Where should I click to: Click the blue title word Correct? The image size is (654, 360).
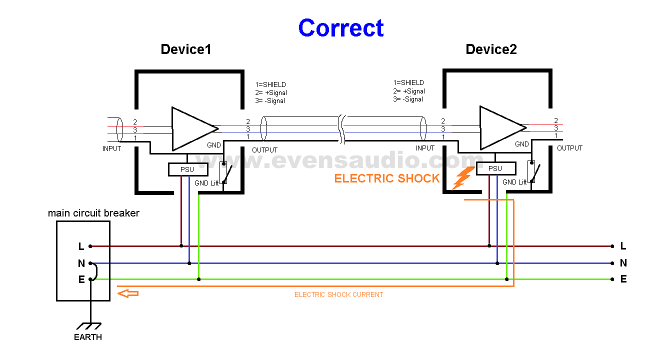pyautogui.click(x=341, y=28)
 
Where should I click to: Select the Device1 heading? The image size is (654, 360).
pyautogui.click(x=186, y=49)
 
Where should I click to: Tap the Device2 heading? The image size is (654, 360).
pyautogui.click(x=491, y=49)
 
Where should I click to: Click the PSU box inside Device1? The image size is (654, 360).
pyautogui.click(x=187, y=170)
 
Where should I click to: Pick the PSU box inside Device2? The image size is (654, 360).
pyautogui.click(x=495, y=168)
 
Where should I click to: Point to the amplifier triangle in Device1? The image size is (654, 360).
pyautogui.click(x=192, y=128)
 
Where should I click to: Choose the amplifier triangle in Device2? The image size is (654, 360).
pyautogui.click(x=500, y=128)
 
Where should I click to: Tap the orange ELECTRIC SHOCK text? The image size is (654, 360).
pyautogui.click(x=387, y=178)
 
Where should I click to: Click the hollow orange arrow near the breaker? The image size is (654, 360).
pyautogui.click(x=128, y=293)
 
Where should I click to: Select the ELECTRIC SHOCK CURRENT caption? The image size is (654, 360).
pyautogui.click(x=338, y=295)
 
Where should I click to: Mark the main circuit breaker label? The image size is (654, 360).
pyautogui.click(x=93, y=213)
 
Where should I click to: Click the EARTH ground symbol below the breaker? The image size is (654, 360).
pyautogui.click(x=90, y=325)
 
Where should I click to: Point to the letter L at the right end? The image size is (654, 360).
pyautogui.click(x=623, y=246)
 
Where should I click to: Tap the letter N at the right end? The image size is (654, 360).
pyautogui.click(x=623, y=263)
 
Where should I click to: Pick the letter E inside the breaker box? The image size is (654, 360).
pyautogui.click(x=81, y=279)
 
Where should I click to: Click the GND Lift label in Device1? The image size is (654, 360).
pyautogui.click(x=206, y=183)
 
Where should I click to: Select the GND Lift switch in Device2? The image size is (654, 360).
pyautogui.click(x=532, y=172)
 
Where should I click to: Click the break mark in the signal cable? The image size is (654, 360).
pyautogui.click(x=342, y=129)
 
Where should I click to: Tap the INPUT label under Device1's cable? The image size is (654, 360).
pyautogui.click(x=112, y=148)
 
